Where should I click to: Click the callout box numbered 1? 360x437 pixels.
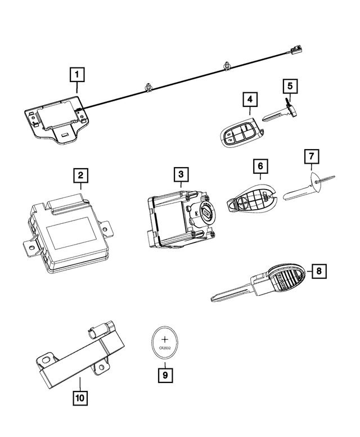click(77, 74)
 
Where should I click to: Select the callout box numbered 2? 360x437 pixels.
click(81, 176)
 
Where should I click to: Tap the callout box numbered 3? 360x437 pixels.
click(181, 175)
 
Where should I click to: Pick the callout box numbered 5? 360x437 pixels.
click(290, 86)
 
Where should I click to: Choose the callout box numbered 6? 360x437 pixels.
click(260, 166)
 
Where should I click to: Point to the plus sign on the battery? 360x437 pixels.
click(165, 339)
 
